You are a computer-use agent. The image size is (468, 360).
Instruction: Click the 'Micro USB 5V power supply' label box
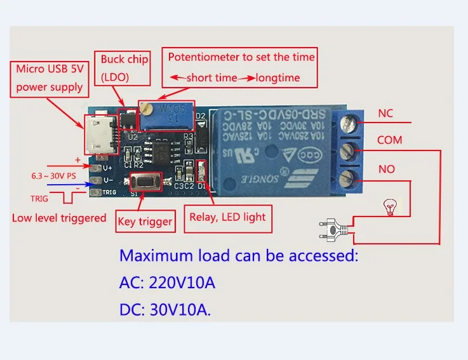coord(50,77)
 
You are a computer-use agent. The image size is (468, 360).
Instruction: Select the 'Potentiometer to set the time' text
coord(241,57)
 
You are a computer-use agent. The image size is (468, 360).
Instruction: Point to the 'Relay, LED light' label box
coord(228,217)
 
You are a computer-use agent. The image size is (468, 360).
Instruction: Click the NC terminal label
coord(385,114)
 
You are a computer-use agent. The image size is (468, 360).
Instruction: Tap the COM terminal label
coord(389,140)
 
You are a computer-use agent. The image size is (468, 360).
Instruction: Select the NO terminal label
coord(387,169)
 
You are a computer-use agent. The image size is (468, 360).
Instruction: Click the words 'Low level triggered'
coord(59,218)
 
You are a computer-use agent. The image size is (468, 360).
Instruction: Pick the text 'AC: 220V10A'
coord(168,283)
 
